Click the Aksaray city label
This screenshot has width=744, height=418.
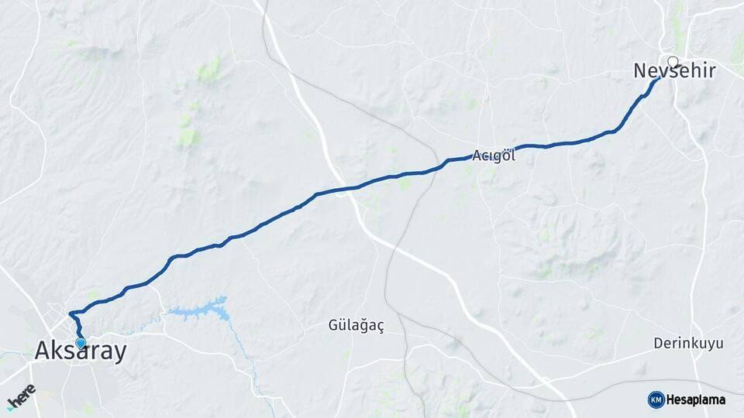(x=80, y=351)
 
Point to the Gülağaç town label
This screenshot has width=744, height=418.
(x=356, y=326)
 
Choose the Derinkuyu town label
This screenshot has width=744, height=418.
(x=688, y=342)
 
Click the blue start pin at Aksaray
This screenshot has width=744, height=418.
(x=81, y=342)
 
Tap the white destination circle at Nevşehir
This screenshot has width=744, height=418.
(x=673, y=62)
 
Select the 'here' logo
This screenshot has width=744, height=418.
(x=21, y=396)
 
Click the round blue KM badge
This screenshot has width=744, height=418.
(x=656, y=399)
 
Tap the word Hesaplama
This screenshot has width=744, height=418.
(x=696, y=399)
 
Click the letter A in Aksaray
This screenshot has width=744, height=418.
(x=42, y=351)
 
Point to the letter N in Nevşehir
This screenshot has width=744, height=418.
(x=640, y=71)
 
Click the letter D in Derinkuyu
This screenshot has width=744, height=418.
(x=657, y=342)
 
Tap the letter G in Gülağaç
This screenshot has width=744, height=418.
(x=332, y=326)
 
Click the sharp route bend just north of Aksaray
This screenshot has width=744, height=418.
(x=71, y=313)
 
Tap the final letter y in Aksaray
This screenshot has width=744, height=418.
(x=119, y=354)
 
